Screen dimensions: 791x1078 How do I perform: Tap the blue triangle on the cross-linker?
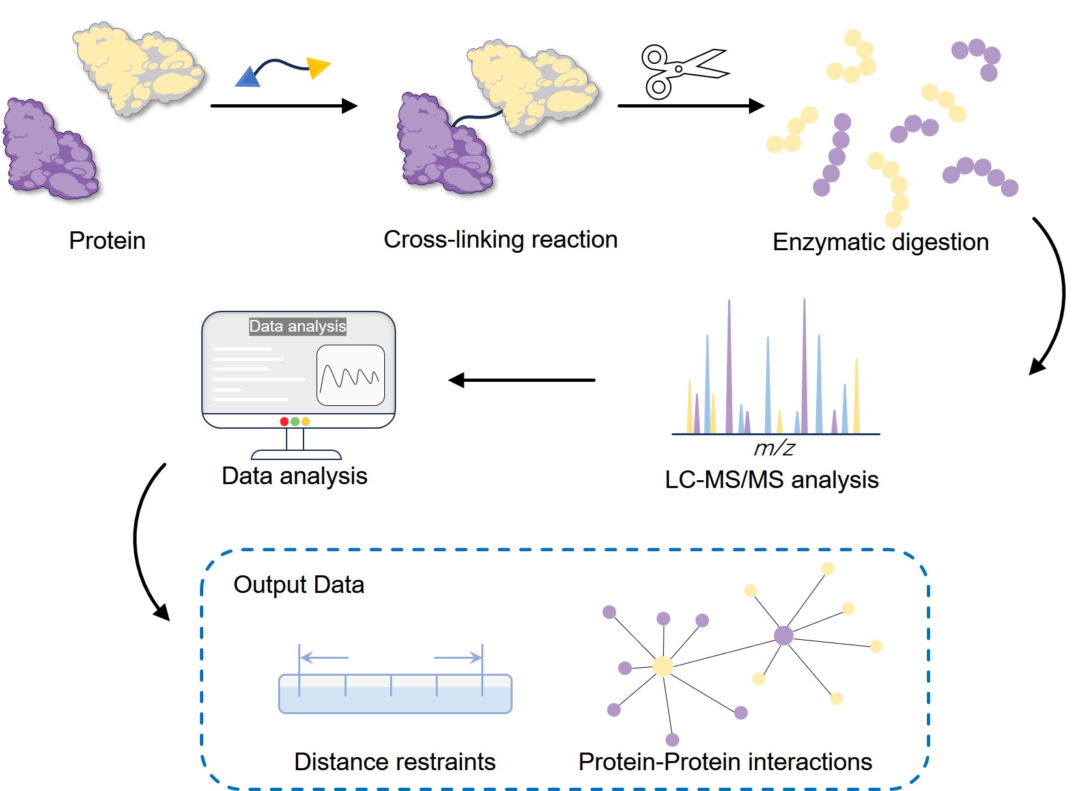(248, 78)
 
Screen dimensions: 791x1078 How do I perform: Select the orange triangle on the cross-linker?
(318, 66)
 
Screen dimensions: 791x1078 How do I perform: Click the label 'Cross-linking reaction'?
(500, 240)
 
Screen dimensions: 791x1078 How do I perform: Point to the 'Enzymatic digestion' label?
(880, 242)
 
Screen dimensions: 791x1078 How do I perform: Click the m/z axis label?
(774, 448)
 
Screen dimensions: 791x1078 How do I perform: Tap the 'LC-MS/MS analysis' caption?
(771, 480)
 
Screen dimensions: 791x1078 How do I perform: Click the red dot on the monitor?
(284, 422)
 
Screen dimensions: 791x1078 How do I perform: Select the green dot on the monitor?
(295, 422)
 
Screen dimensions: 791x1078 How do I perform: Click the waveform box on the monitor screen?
(350, 375)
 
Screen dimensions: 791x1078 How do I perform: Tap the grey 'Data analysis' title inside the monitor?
(298, 326)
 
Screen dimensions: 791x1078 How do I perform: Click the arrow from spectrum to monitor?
(521, 380)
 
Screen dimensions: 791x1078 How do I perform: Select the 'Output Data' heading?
(298, 585)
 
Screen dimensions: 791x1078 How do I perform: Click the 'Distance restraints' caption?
(395, 762)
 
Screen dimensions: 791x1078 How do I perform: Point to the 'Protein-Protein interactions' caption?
(725, 762)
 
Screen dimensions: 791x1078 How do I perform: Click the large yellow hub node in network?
(662, 667)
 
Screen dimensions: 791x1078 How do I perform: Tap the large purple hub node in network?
(784, 635)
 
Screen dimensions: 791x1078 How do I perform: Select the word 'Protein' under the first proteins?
(107, 241)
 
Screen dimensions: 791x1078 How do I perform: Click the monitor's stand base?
(296, 455)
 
